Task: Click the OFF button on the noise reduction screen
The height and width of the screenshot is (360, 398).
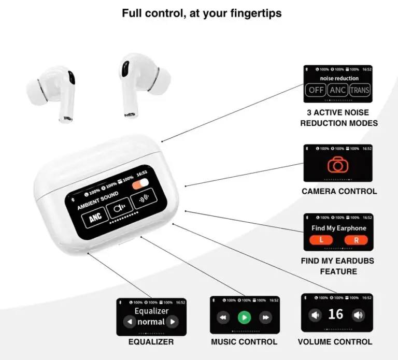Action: click(316, 90)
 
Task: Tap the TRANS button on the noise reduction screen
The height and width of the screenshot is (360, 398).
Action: click(360, 90)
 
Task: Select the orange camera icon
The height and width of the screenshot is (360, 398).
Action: click(338, 164)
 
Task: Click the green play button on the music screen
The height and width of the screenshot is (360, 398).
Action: click(244, 317)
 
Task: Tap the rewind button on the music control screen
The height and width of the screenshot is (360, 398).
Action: click(223, 317)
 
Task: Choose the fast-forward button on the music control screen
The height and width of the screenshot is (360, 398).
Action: click(265, 317)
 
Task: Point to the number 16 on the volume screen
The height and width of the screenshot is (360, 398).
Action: click(336, 314)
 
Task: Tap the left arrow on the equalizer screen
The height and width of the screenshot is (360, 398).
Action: click(129, 322)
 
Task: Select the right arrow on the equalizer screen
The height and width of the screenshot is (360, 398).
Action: click(173, 322)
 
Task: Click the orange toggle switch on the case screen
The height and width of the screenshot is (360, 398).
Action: click(140, 186)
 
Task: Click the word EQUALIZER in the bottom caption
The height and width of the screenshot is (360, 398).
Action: click(151, 342)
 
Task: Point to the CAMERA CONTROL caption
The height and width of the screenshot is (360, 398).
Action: click(339, 192)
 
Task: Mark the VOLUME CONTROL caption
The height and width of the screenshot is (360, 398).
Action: click(335, 342)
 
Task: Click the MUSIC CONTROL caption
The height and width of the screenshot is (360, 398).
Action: click(244, 342)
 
